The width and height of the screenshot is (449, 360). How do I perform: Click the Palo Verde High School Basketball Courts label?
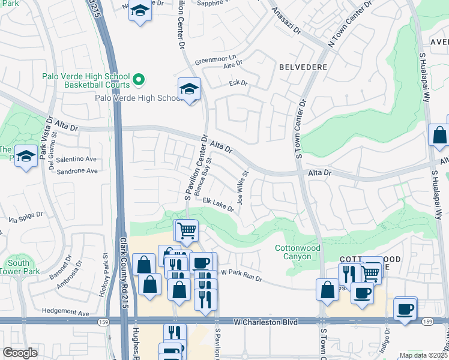coord(85,80)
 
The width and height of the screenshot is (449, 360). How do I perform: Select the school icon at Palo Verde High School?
coord(189,90)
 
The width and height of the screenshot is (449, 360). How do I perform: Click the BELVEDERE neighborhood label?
coord(303,67)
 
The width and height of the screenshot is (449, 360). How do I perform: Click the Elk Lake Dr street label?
coord(218,205)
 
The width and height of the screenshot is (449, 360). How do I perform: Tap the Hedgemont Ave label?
coord(65,313)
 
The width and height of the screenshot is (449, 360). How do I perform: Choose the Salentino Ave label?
coord(76,159)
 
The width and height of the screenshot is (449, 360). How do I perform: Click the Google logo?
coord(20,353)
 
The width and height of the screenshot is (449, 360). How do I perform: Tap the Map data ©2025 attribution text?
coord(423,355)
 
